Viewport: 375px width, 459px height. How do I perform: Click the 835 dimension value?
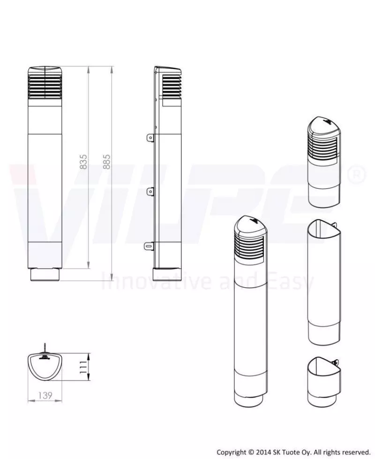(x=83, y=162)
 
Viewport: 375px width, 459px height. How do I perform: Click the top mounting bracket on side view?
(x=150, y=137)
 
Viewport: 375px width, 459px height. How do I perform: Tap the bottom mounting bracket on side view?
(x=150, y=245)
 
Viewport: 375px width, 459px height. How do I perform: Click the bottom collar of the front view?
(x=45, y=275)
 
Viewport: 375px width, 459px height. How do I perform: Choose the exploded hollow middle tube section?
(x=324, y=282)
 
